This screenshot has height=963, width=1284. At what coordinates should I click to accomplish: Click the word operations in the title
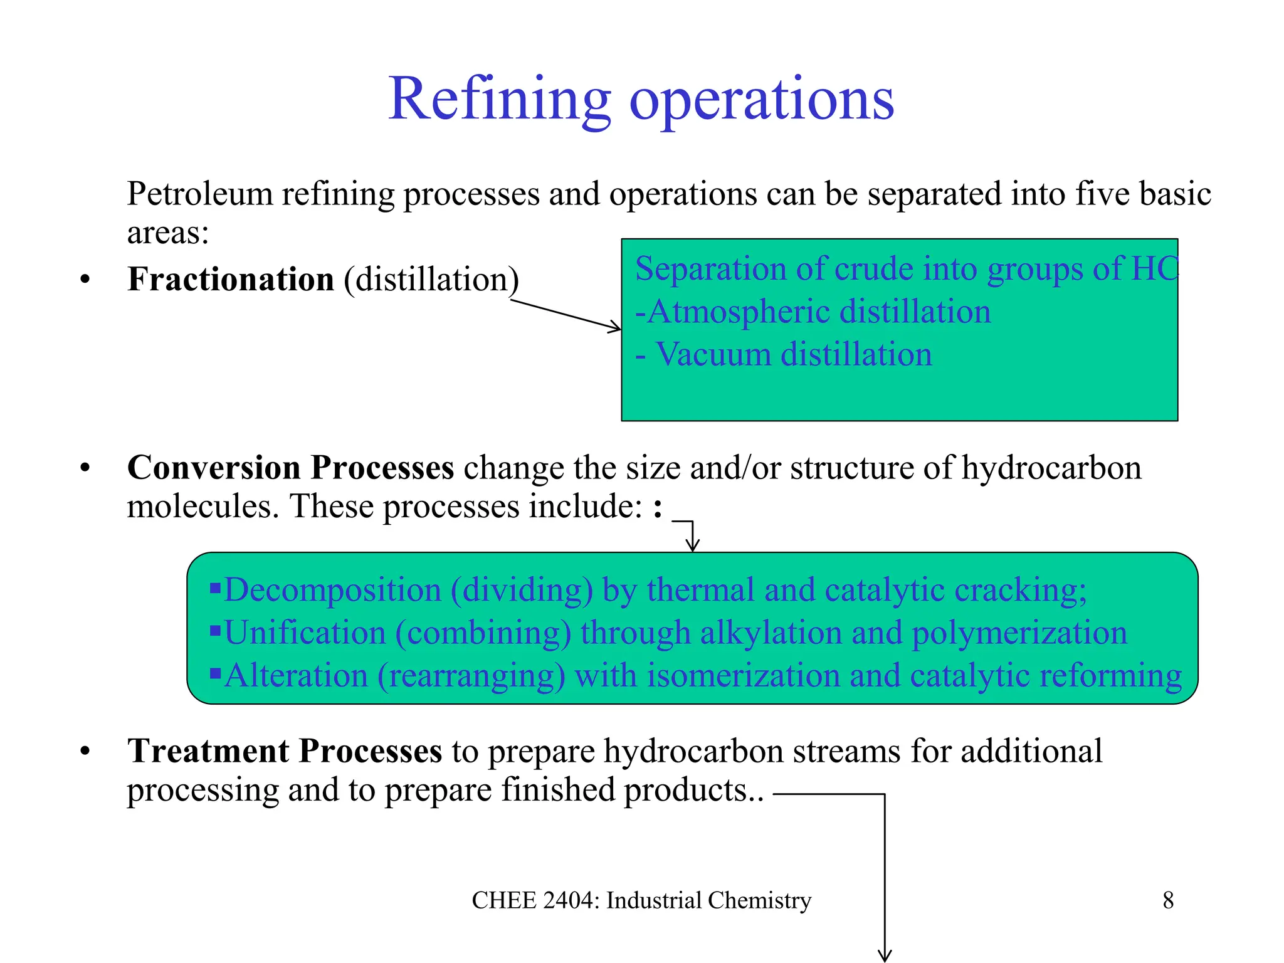tap(761, 100)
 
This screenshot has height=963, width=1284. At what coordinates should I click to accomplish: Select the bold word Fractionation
tap(230, 280)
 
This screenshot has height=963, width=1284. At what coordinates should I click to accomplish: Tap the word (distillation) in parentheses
tap(431, 280)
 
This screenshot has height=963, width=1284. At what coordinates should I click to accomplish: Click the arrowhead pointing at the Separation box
tap(615, 327)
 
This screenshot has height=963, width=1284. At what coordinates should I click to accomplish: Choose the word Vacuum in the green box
tap(712, 354)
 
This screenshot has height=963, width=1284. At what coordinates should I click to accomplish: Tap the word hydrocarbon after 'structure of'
tap(1051, 468)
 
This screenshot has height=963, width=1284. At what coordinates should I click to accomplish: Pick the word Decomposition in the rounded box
tap(332, 590)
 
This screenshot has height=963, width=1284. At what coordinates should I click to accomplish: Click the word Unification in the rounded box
tap(305, 633)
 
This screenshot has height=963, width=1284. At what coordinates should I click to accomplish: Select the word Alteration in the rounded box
tap(296, 676)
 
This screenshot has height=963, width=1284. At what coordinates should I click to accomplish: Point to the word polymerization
tap(1019, 633)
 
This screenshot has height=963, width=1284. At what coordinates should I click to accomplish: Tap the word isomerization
tap(743, 676)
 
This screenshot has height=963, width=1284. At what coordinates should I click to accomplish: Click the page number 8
tap(1168, 900)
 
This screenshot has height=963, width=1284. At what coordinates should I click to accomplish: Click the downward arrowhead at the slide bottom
tap(884, 955)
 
